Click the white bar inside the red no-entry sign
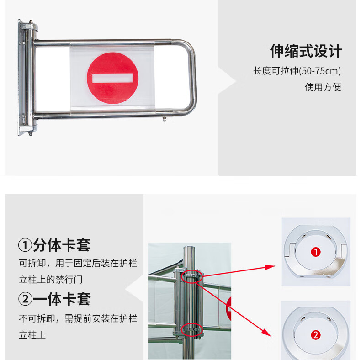point(112,78)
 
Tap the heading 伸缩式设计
point(306,51)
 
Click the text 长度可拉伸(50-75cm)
point(297,71)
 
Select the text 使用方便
point(323,87)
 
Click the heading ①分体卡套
point(54,245)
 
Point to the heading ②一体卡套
point(54,299)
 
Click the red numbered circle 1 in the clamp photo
point(316,252)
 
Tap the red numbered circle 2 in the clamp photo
point(316,335)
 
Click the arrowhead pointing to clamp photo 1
point(270,267)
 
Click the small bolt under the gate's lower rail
point(164,119)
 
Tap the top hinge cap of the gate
point(29,26)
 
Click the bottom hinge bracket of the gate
point(29,129)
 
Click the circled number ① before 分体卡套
point(25,245)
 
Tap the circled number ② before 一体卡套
point(25,299)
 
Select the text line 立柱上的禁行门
point(51,280)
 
